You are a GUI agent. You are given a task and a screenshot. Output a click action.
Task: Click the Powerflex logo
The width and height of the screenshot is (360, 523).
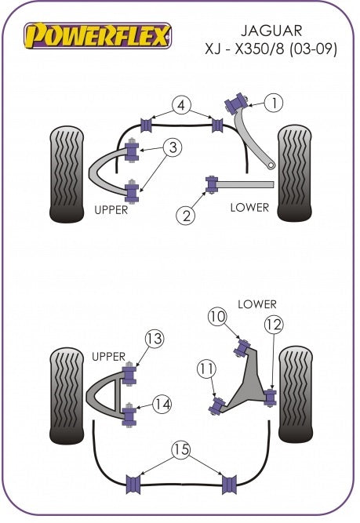click(97, 35)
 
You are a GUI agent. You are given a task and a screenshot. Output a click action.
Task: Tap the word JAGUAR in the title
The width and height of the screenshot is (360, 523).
click(271, 31)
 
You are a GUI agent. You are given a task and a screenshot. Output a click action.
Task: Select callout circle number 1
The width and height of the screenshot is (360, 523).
click(274, 103)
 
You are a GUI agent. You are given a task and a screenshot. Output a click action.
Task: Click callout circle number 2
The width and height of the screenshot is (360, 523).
click(186, 216)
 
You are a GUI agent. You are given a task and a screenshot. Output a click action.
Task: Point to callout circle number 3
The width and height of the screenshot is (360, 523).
click(173, 147)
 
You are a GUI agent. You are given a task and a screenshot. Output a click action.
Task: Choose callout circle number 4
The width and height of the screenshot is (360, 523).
click(181, 105)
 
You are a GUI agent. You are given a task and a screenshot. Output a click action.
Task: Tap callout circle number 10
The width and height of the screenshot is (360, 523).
click(217, 316)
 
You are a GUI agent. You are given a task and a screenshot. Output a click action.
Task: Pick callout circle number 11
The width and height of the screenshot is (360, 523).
click(206, 369)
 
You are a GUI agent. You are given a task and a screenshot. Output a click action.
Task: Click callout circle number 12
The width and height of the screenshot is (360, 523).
click(274, 325)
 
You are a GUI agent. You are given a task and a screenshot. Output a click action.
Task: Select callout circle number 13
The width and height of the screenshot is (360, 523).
click(155, 339)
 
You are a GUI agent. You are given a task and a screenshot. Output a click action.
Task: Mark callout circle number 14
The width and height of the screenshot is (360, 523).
click(162, 405)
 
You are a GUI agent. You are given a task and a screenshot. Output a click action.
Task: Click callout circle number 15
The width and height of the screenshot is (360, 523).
click(181, 449)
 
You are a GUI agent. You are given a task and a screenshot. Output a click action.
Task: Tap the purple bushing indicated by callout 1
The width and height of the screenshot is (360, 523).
click(237, 103)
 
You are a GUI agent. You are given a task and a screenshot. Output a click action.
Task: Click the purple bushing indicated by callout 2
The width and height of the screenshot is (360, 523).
click(212, 184)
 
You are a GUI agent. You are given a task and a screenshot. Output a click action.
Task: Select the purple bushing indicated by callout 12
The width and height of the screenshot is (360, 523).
click(271, 397)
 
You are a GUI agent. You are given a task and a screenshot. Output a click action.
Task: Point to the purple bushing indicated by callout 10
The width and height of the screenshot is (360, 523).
click(242, 347)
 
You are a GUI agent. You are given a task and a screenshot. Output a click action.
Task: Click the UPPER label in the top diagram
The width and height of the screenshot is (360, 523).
click(111, 210)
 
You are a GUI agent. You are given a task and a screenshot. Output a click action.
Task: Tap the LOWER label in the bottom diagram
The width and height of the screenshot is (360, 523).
click(257, 304)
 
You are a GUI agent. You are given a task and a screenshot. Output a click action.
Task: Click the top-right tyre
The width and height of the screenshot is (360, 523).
click(295, 173)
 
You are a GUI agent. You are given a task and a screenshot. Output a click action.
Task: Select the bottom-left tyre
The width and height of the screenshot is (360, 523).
click(67, 396)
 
